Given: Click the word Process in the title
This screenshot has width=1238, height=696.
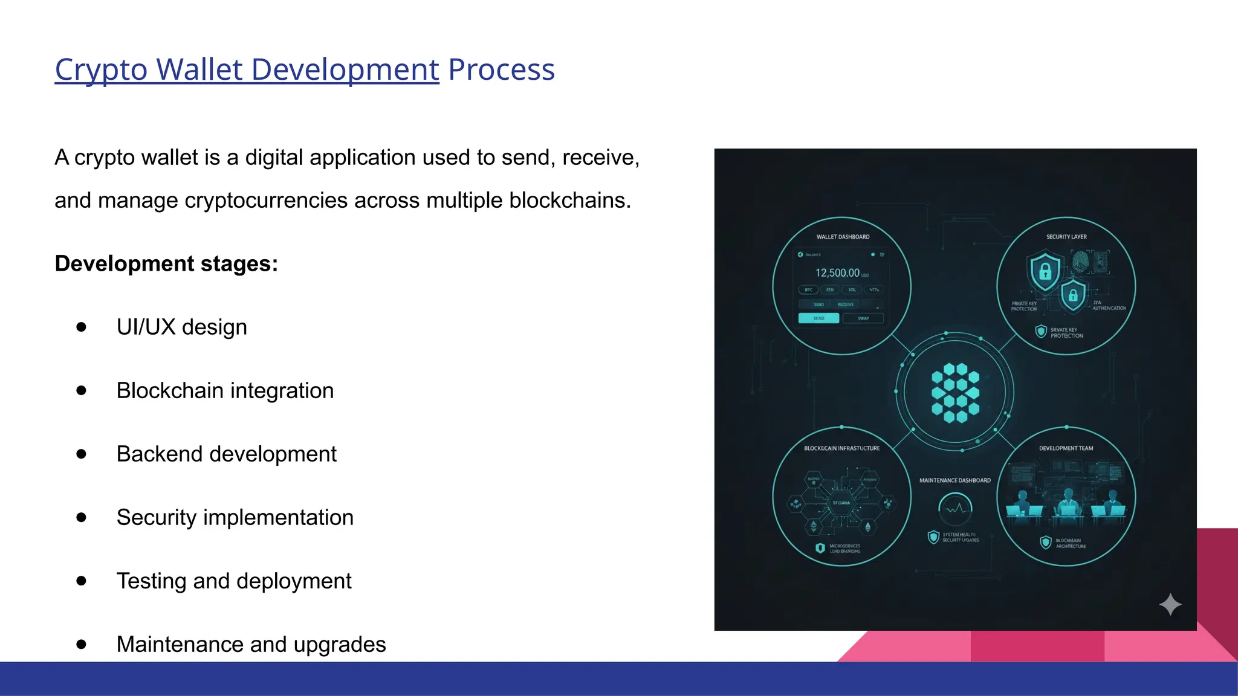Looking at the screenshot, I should click(501, 69).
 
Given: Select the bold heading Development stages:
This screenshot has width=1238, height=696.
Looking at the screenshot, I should click(166, 263).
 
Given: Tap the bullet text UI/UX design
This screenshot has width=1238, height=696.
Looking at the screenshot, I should click(181, 327).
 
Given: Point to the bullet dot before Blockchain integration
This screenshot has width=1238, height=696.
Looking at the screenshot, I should click(82, 390).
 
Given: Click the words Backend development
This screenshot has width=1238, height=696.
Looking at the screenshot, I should click(226, 454).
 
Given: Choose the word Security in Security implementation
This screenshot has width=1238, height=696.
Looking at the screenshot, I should click(156, 517).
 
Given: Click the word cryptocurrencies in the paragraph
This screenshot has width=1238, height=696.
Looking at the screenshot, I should click(266, 200).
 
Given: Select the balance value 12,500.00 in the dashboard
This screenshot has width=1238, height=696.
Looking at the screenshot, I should click(837, 272).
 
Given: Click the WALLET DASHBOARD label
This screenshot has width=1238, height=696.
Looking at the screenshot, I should click(843, 237).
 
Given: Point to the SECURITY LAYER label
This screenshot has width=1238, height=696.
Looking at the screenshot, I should click(1066, 237).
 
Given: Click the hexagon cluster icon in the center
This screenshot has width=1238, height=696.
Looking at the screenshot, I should click(955, 392).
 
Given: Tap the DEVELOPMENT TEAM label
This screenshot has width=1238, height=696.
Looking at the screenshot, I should click(1066, 448).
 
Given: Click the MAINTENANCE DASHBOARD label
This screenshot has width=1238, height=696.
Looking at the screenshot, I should click(955, 480).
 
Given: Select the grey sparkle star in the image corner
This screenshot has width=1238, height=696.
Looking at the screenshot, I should click(1170, 604).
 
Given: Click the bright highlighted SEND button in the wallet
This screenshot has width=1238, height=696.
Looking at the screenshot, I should click(818, 318).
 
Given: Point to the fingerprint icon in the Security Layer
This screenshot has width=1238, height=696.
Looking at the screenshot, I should click(1080, 262).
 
